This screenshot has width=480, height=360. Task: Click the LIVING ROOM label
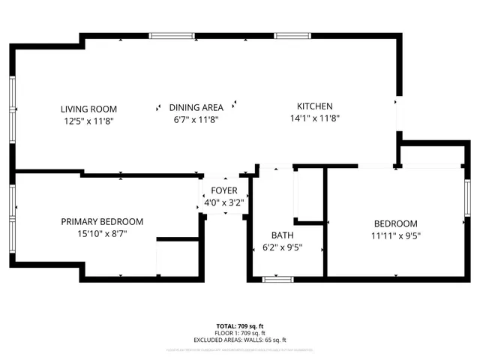coord(88,109)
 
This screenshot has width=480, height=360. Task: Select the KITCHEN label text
coord(315,106)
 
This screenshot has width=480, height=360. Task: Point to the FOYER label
coord(223,190)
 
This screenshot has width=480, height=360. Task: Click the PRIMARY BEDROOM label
coord(102,222)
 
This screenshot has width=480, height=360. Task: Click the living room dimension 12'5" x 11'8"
coord(88,119)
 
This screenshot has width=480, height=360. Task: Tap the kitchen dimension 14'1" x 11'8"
coord(315,118)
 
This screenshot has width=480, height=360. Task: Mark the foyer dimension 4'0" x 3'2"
coord(223,202)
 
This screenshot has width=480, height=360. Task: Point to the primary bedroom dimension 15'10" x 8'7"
coord(102,233)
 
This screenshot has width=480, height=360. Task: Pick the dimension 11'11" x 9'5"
coord(395,235)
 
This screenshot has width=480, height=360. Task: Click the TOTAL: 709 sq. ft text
coord(240,326)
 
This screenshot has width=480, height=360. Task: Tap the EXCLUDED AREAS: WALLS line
coord(240,340)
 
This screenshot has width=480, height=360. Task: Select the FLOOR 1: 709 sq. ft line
coord(240,333)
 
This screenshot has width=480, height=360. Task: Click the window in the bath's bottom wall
coord(277,280)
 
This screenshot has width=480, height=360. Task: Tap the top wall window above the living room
coord(172,35)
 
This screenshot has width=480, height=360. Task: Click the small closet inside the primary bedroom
coord(178,259)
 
